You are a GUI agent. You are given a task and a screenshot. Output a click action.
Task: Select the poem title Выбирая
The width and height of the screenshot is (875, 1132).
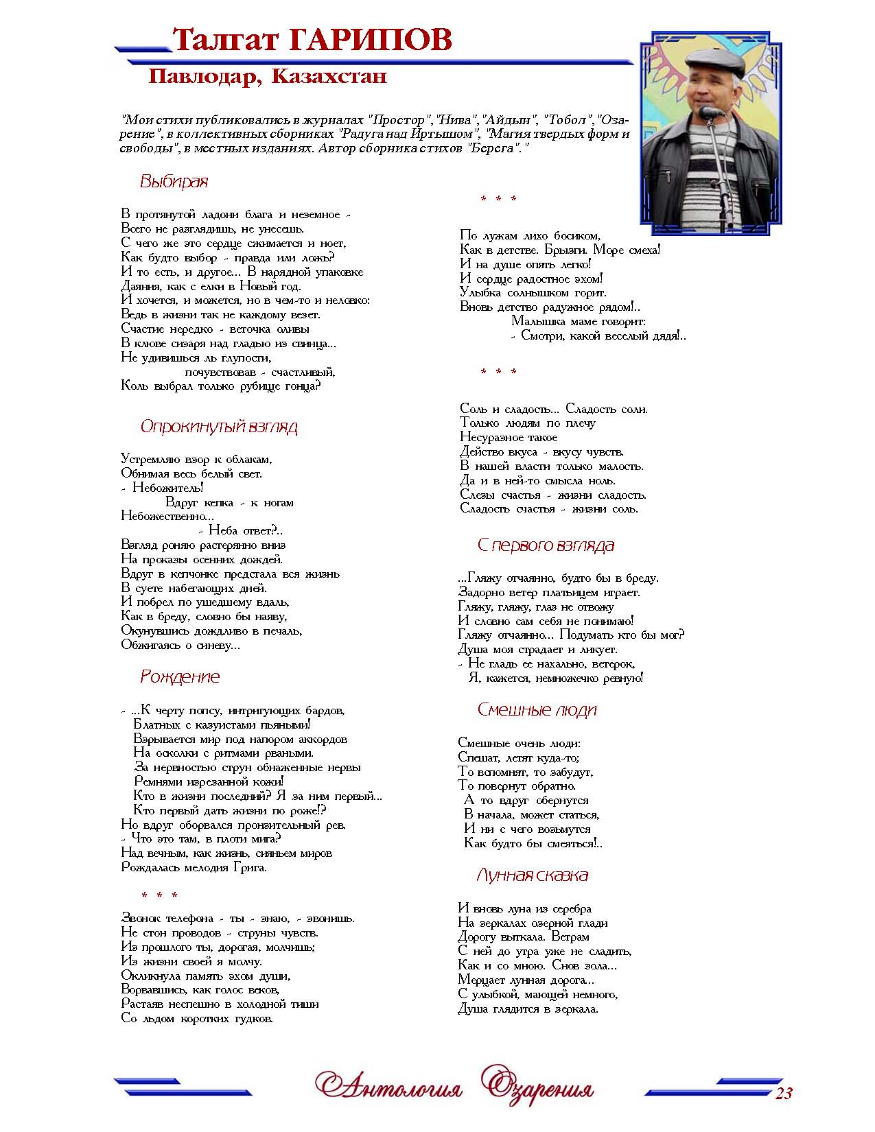pyautogui.click(x=174, y=182)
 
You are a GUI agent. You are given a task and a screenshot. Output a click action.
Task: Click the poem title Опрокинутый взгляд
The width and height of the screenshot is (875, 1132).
pyautogui.click(x=219, y=427)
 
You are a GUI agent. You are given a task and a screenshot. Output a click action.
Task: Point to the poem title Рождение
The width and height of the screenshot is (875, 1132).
pyautogui.click(x=180, y=676)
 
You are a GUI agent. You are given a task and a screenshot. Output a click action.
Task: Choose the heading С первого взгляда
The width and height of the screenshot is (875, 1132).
pyautogui.click(x=546, y=545)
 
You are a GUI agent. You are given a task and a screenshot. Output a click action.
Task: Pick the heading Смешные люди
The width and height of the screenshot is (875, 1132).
pyautogui.click(x=537, y=709)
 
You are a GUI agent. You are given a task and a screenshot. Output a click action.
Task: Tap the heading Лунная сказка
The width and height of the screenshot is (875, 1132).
pyautogui.click(x=532, y=875)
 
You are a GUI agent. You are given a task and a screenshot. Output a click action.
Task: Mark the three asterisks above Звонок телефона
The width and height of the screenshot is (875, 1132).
pyautogui.click(x=159, y=896)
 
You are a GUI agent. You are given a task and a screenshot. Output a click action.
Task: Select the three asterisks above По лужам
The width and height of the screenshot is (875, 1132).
pyautogui.click(x=498, y=200)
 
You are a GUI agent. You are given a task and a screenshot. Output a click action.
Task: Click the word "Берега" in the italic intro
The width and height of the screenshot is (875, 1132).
pyautogui.click(x=492, y=149)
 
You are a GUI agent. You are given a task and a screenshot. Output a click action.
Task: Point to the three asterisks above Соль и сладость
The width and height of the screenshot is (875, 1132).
pyautogui.click(x=498, y=373)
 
